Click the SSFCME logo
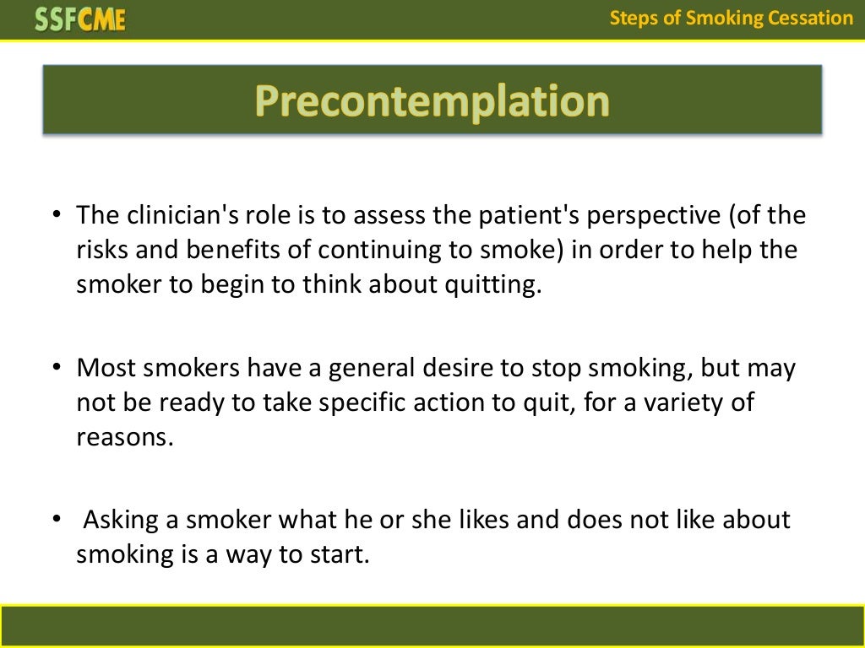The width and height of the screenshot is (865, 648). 80,19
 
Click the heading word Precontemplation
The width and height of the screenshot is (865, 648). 432,101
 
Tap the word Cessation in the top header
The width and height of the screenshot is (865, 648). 811,18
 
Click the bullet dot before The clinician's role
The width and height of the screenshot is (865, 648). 57,216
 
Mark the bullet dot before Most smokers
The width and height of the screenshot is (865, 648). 57,369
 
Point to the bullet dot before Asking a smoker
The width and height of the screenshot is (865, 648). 57,521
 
